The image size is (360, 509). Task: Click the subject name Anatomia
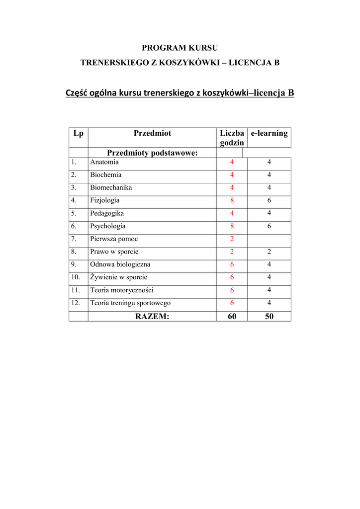pos(104,162)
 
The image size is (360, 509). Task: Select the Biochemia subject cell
pos(105,175)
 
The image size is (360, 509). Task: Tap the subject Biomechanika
pos(111,188)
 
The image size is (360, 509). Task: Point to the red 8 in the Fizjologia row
pos(232,200)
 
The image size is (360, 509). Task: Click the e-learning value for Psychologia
pos(269,226)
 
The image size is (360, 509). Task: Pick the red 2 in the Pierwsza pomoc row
pos(232,239)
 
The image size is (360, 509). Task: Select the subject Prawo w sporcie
pos(114,252)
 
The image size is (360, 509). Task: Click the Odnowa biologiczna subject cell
pos(120,264)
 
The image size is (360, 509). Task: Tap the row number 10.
pos(75,277)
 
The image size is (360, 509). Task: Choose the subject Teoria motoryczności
pos(122,290)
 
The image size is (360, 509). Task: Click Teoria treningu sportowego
pos(130,303)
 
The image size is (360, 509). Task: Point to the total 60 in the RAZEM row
pos(232,316)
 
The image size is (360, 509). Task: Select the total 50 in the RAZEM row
pos(269,316)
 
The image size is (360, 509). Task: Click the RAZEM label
pos(152,316)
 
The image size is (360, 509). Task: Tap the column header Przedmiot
pos(152,133)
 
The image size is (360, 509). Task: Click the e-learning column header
pos(269,133)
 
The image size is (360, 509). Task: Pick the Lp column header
pos(78,133)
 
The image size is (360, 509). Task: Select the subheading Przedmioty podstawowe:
pos(152,153)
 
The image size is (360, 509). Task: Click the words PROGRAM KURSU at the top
pos(180,48)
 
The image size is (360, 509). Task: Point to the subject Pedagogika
pos(107,213)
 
